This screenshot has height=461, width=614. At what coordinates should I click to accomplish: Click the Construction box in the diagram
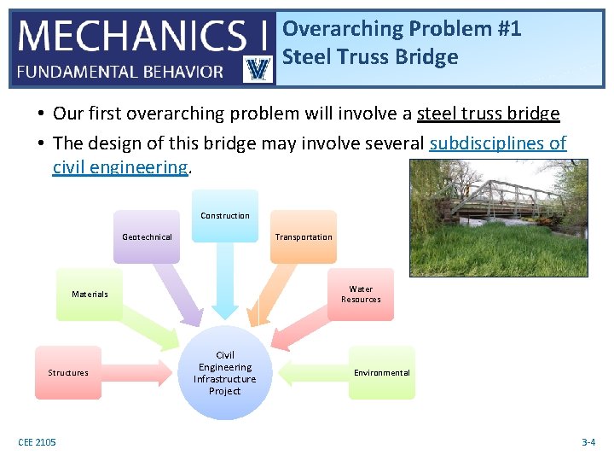225,215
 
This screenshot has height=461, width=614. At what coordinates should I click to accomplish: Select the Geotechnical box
147,236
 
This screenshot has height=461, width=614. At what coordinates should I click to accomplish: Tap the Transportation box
303,236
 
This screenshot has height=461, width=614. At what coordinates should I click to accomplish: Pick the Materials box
90,294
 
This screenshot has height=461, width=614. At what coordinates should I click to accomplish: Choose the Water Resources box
361,294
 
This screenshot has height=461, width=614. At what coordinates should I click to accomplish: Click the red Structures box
68,372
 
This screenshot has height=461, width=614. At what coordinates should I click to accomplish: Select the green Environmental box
381,372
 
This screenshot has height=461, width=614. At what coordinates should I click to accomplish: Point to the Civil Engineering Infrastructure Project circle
224,373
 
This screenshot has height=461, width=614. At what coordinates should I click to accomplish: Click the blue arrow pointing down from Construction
225,282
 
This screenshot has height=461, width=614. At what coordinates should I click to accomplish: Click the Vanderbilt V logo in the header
258,68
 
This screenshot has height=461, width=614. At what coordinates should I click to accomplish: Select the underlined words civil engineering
119,166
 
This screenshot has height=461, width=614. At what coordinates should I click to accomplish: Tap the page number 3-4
588,442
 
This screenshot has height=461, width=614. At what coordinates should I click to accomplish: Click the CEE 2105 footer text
37,442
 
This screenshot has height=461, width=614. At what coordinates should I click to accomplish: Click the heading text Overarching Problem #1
402,29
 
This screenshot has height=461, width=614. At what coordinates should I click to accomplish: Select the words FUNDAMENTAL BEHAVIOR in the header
120,72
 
